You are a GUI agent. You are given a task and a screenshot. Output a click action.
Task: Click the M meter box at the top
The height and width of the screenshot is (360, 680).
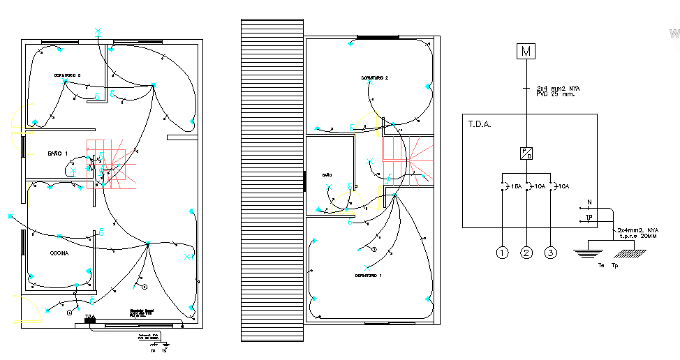point(526,51)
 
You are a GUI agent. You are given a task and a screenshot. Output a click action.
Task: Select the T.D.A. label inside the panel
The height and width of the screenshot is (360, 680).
point(480,125)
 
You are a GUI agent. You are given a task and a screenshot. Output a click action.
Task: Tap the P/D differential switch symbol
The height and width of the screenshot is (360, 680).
point(526,153)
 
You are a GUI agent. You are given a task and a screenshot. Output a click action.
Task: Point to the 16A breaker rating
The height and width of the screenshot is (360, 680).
point(516,186)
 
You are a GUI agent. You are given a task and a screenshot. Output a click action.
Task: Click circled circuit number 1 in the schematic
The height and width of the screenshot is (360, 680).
point(502,253)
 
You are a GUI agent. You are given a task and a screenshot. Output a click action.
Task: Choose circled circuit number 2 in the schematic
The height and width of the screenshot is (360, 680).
point(526,253)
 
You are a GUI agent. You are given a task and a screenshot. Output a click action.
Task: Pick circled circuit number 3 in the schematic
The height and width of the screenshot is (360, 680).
point(552,253)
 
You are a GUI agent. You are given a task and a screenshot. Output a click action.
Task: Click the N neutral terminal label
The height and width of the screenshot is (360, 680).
point(589,203)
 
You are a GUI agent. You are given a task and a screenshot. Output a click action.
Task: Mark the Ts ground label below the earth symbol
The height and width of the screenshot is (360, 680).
point(601,266)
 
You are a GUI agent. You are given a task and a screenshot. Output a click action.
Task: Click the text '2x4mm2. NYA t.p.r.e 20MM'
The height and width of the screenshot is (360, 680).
point(637,233)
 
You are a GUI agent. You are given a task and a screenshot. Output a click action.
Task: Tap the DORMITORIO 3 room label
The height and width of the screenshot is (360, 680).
point(68,75)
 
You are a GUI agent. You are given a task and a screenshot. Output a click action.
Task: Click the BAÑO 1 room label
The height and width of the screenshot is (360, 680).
point(58,153)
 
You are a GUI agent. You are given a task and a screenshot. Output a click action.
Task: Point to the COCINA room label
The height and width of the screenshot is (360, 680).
point(59,254)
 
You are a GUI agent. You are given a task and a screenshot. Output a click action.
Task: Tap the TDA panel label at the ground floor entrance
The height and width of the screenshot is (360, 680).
point(89,317)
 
